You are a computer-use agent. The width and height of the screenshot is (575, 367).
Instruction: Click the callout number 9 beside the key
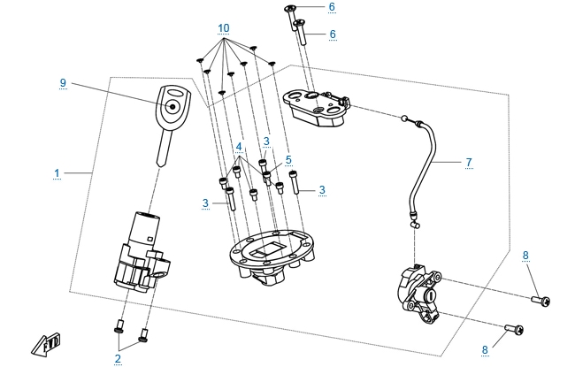pos(64,83)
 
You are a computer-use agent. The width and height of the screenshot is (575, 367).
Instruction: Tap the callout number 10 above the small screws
pos(223,29)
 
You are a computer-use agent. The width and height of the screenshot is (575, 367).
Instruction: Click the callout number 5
pos(287,160)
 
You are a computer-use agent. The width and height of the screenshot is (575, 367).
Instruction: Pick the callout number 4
pos(238,146)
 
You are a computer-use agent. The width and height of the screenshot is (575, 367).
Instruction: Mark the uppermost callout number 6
pos(332,7)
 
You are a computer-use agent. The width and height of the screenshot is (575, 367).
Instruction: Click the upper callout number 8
pos(525,256)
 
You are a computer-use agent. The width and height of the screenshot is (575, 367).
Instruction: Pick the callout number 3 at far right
pos(322,189)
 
